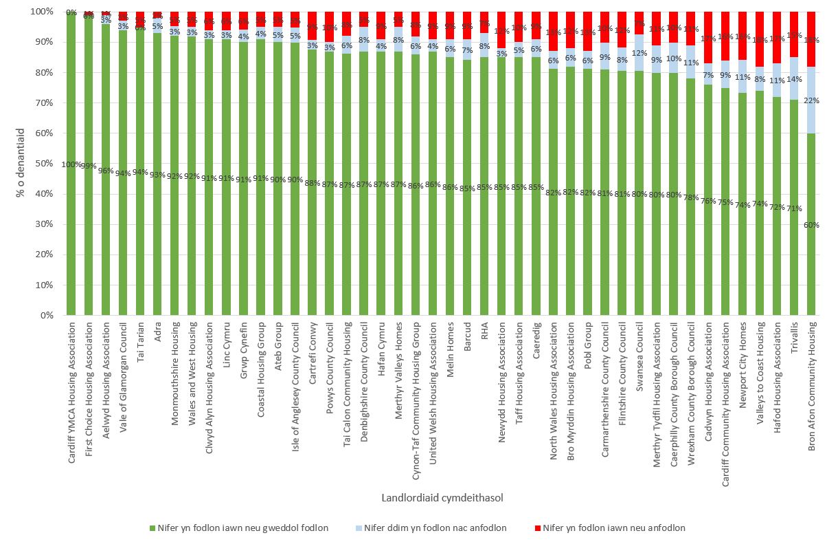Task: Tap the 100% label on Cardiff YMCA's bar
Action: point(71,164)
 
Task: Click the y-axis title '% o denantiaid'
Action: point(21,164)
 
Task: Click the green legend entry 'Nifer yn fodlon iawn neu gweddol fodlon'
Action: point(240,528)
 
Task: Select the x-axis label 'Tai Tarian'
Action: point(140,343)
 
